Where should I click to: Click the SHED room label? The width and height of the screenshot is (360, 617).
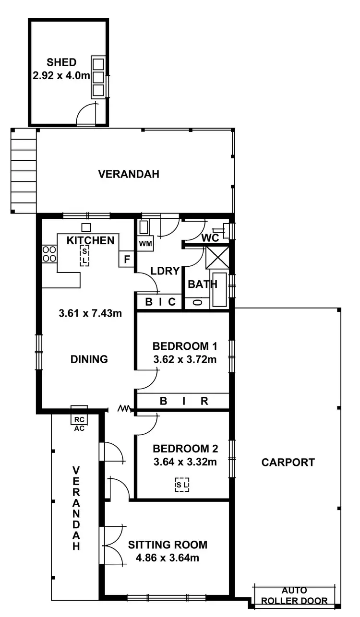tap(61, 62)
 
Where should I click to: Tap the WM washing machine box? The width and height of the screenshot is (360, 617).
tap(145, 244)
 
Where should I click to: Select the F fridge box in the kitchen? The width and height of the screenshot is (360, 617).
tap(127, 260)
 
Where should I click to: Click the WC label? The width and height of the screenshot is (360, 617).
tap(210, 238)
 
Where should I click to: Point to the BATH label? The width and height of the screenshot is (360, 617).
tap(202, 285)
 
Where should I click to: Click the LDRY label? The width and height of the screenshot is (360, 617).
tap(165, 271)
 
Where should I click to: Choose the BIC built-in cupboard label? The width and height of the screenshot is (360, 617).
tap(160, 302)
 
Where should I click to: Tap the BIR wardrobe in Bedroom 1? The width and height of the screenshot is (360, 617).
tap(184, 402)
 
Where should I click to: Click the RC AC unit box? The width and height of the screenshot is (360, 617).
tap(79, 418)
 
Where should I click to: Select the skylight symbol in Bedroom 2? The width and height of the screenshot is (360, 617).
tap(182, 485)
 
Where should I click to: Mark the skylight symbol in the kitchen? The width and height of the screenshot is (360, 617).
tap(84, 255)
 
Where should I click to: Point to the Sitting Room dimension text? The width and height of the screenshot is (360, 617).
tap(168, 558)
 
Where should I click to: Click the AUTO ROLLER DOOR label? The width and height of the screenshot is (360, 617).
tap(294, 595)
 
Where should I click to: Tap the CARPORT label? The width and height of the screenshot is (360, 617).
tap(288, 463)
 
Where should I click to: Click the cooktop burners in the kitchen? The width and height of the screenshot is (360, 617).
tap(48, 254)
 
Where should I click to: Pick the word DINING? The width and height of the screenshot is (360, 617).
tap(89, 359)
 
